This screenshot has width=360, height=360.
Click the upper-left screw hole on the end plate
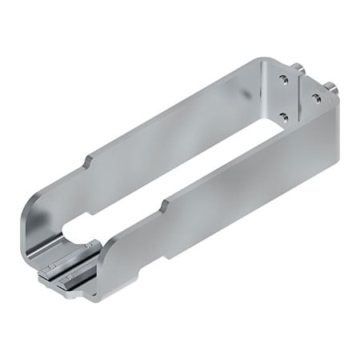(282, 78)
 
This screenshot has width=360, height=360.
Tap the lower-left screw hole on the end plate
(282, 116)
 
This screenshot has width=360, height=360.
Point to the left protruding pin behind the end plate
(298, 67)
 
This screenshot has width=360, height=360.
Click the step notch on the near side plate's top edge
(165, 206)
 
